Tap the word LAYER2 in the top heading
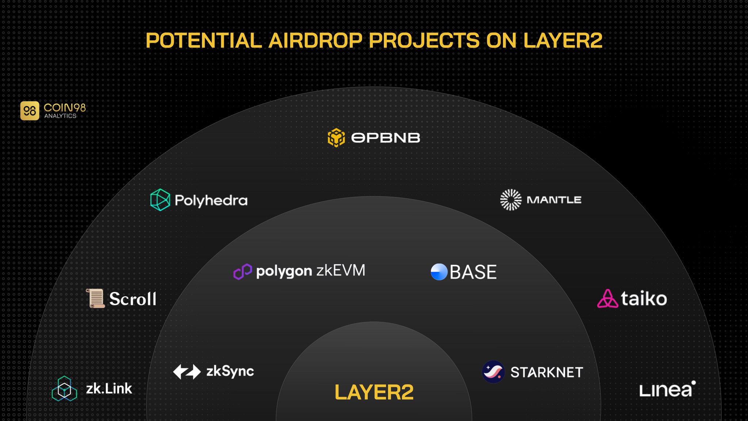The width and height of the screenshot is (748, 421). [x=562, y=40]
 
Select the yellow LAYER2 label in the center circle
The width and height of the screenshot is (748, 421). [x=374, y=392]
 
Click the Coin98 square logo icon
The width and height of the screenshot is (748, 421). [x=30, y=111]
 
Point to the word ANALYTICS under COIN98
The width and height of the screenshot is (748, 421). [x=60, y=116]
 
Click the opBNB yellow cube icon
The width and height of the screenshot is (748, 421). [x=336, y=137]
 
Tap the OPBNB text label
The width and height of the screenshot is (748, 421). [x=385, y=138]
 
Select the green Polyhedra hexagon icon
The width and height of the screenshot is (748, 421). [x=160, y=200]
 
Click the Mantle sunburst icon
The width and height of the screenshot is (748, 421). [x=511, y=200]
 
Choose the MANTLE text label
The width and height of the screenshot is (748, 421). [x=554, y=200]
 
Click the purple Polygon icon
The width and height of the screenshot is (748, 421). [x=243, y=272]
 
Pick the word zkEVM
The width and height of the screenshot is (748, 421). [x=340, y=270]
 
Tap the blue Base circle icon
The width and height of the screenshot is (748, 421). [x=439, y=272]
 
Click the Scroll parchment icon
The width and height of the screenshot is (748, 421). [x=95, y=298]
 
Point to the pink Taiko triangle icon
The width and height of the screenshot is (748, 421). [x=607, y=299]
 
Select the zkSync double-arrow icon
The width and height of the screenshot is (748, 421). [x=187, y=372]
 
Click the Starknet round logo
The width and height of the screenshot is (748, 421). [x=493, y=372]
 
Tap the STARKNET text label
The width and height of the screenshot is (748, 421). [x=546, y=372]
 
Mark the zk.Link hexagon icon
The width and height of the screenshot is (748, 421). [x=64, y=388]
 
